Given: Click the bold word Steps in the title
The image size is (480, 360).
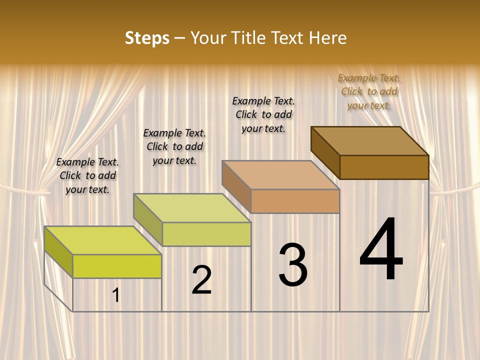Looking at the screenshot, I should click(147, 38).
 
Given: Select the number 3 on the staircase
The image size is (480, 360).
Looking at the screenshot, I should click(293, 265).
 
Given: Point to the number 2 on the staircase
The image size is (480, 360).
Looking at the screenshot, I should click(201, 280).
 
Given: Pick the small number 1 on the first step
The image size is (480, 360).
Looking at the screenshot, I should click(116, 295).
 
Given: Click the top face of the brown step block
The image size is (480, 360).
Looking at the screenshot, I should click(370, 141).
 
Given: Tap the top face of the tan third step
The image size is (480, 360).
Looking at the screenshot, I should click(281, 175).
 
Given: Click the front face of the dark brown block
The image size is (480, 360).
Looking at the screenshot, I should click(384, 167).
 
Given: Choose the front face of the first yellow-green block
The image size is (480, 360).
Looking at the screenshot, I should click(117, 266).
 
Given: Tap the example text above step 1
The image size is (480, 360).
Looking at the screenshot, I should click(87, 175).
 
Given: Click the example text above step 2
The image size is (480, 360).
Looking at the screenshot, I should click(174, 146).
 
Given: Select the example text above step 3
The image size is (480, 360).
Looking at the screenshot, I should click(263, 114).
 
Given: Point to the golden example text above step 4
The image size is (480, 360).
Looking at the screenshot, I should click(369, 91).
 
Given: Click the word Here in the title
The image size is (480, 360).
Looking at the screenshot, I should click(328, 38).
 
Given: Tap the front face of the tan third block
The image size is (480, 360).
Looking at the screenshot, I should click(295, 201).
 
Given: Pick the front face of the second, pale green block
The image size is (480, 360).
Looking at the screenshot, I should click(206, 234).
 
